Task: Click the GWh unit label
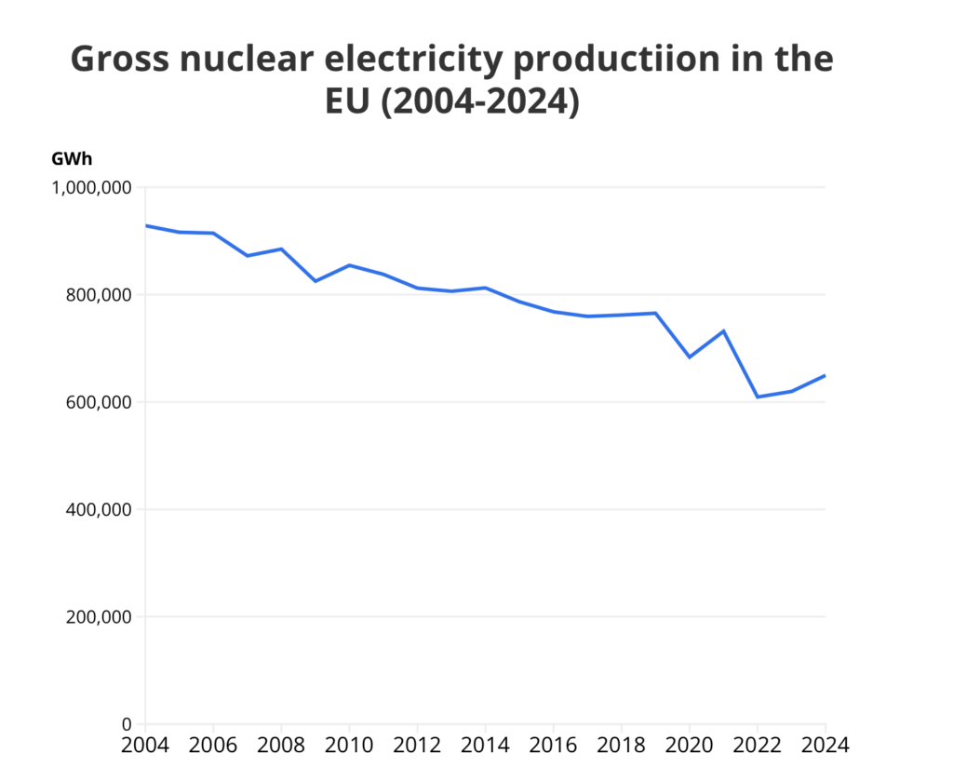coord(72,159)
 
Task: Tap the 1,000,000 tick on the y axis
coord(90,188)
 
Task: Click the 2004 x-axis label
coord(146,746)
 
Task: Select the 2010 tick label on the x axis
coord(349,746)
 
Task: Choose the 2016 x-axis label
coord(554,746)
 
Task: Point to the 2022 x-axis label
coord(758,746)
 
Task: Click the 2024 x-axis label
coord(825,746)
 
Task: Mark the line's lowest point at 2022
coord(758,397)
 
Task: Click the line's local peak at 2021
coord(723,330)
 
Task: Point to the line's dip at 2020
coord(690,357)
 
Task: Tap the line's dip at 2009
coord(315,281)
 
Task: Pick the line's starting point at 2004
coord(146,225)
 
